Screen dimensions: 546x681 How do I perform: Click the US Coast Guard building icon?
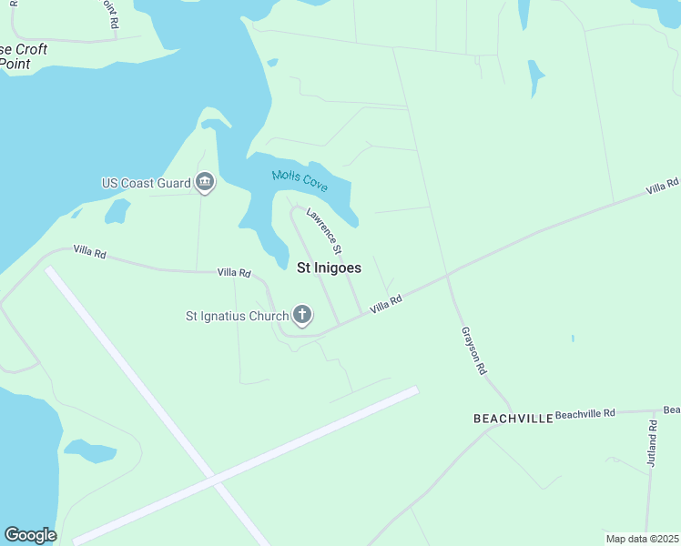[205, 183]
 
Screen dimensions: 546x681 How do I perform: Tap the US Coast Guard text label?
[146, 183]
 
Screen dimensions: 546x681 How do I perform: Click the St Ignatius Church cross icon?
[302, 316]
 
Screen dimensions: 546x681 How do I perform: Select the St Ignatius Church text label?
[237, 317]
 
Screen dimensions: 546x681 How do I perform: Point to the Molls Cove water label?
[300, 179]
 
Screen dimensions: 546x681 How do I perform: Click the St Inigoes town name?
[330, 268]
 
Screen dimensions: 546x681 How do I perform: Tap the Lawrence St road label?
[324, 231]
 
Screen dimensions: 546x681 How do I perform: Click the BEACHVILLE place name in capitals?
[513, 418]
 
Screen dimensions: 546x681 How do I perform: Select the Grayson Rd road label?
[474, 351]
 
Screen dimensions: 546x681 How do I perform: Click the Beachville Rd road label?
[585, 413]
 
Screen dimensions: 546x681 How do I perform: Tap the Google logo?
[30, 535]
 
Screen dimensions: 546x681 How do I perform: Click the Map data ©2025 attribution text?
[642, 539]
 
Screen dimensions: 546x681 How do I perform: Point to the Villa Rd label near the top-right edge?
[662, 187]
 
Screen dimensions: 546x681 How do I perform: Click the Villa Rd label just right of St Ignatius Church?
[386, 306]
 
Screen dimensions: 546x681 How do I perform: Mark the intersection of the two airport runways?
[214, 476]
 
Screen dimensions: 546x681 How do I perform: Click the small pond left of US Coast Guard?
[117, 211]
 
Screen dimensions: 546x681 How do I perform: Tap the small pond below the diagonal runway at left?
[88, 450]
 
